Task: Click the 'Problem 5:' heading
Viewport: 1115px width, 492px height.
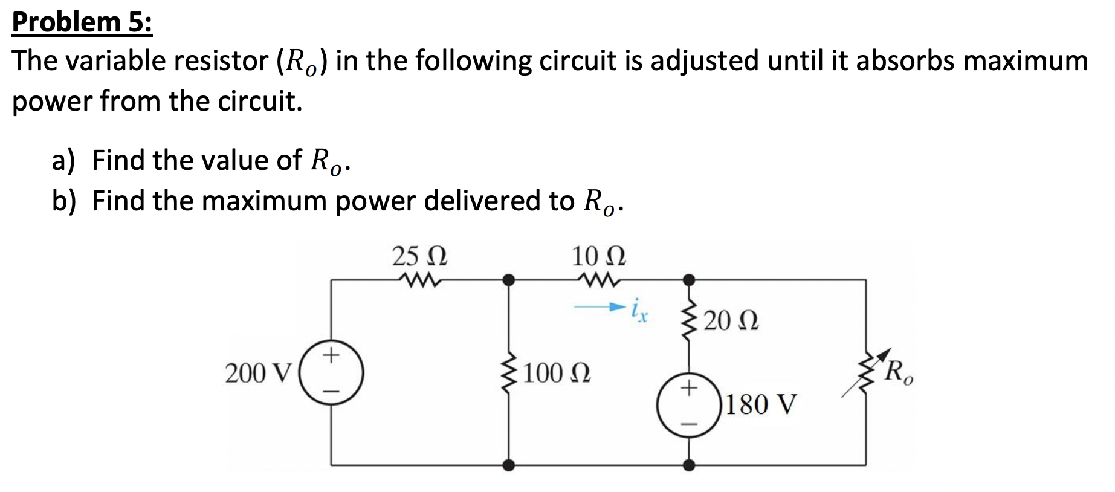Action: (82, 22)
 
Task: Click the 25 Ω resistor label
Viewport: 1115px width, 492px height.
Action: (419, 256)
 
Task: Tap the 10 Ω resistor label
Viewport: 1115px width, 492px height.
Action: (598, 256)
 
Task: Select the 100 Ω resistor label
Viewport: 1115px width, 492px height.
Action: (557, 374)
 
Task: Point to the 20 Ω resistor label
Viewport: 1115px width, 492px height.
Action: (731, 320)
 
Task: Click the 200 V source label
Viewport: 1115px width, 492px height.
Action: (259, 374)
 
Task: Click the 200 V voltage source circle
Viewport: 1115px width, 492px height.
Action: (331, 374)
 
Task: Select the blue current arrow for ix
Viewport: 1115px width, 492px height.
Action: (598, 308)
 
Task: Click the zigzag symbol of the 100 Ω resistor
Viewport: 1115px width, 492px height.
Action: (509, 372)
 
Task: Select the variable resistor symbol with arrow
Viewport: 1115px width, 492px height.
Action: (867, 372)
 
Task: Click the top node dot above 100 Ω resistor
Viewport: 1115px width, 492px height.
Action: (509, 280)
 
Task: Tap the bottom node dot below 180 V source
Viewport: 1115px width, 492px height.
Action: (688, 465)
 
